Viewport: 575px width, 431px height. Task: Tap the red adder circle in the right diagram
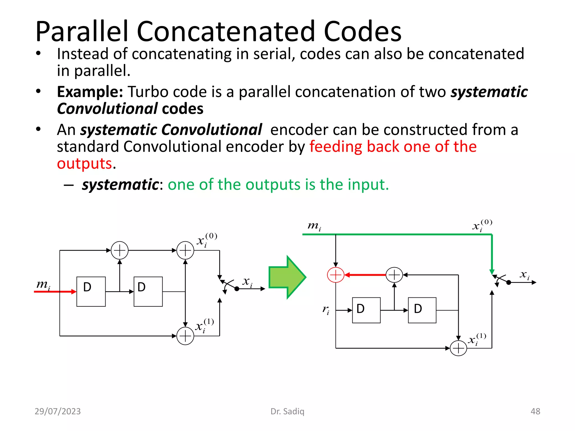click(336, 275)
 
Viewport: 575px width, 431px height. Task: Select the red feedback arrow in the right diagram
click(365, 275)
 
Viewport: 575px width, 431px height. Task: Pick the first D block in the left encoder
click(91, 292)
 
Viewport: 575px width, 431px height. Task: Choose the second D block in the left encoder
click(148, 292)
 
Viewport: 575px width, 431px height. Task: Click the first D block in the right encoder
click(366, 310)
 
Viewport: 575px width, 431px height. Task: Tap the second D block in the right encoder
click(422, 310)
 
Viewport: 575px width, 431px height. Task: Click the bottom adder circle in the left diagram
click(185, 336)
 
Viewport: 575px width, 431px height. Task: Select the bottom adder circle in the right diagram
click(458, 348)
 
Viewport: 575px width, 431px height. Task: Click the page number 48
click(535, 411)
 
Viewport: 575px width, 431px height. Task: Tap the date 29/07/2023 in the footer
click(58, 411)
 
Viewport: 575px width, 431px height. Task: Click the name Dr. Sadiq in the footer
click(287, 411)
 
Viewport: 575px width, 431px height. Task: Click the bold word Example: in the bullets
click(90, 92)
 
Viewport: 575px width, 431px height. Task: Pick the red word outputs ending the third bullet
click(85, 164)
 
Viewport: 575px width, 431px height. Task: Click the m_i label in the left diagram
click(43, 285)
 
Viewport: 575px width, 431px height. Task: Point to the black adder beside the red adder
click(394, 275)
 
